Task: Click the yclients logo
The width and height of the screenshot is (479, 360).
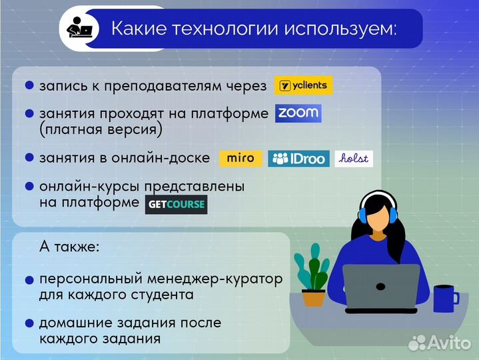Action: [x=303, y=85]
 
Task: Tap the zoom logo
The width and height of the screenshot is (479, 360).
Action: [x=298, y=113]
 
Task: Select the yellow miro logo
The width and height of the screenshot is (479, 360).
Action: [x=240, y=159]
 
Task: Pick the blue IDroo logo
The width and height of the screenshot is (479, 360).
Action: [x=298, y=159]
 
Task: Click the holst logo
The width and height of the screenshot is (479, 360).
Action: [x=354, y=159]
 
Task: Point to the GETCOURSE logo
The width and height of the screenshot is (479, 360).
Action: [x=176, y=204]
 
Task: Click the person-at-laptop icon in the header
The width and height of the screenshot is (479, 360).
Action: [x=80, y=29]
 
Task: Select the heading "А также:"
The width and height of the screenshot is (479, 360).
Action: [x=69, y=247]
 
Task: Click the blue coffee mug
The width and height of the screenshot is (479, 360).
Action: [x=444, y=298]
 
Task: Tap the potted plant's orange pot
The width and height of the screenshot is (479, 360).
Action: [x=313, y=297]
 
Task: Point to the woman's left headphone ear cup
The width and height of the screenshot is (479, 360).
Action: [x=362, y=215]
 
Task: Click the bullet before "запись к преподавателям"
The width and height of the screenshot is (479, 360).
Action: [x=29, y=86]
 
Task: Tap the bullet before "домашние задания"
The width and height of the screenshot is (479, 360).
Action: [x=29, y=323]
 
